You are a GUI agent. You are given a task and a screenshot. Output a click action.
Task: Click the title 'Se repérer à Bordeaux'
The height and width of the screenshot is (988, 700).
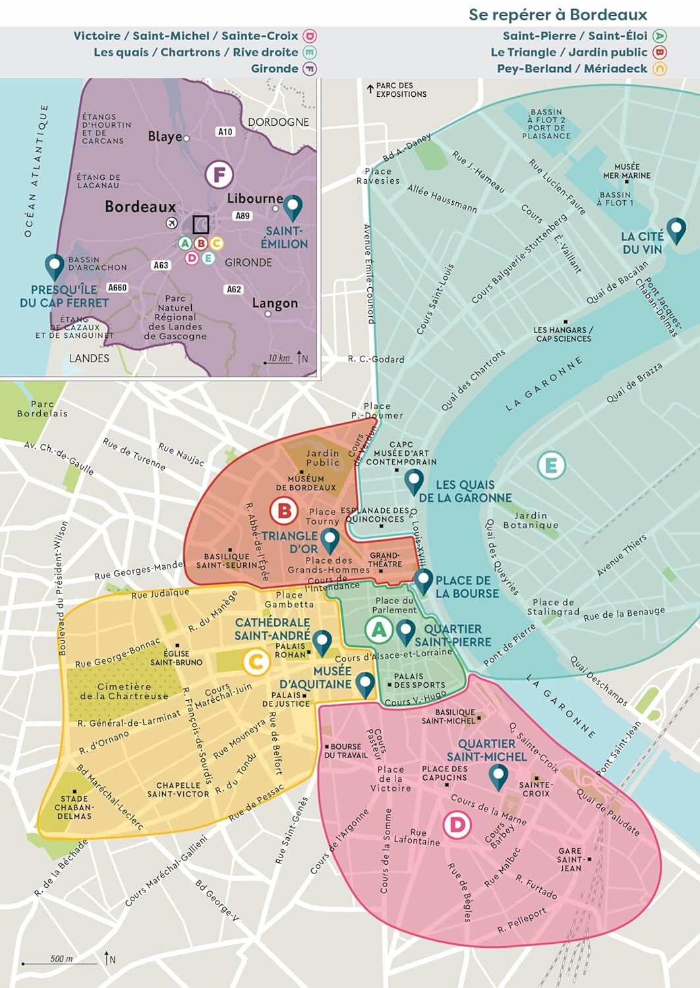(558, 14)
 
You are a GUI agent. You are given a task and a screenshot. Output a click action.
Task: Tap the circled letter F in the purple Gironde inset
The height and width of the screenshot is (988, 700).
(219, 175)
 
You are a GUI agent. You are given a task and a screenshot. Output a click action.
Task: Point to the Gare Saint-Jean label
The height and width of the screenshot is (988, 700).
(570, 860)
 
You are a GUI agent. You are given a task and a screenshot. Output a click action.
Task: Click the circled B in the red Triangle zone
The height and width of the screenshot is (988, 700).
(285, 510)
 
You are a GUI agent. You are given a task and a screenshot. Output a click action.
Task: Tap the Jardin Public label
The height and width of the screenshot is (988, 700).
(322, 458)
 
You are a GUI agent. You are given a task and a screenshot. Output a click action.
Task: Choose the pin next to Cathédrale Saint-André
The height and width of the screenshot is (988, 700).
(322, 642)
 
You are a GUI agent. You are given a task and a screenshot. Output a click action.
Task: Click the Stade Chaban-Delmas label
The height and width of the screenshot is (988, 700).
(74, 808)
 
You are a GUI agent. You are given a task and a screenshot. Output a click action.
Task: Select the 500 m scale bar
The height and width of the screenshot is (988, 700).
(61, 962)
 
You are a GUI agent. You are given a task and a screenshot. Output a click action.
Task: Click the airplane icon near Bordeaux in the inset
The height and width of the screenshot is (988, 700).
(172, 223)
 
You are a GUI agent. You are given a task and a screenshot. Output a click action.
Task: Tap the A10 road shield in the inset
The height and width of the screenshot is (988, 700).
(225, 132)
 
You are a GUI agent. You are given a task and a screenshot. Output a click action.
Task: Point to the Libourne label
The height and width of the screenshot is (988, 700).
(254, 198)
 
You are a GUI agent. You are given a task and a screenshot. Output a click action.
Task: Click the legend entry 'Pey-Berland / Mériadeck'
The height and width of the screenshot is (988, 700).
(572, 69)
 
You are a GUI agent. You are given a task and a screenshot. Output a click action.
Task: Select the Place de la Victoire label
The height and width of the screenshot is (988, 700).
(390, 779)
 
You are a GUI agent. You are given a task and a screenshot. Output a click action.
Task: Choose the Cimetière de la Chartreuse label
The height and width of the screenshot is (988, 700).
(124, 691)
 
